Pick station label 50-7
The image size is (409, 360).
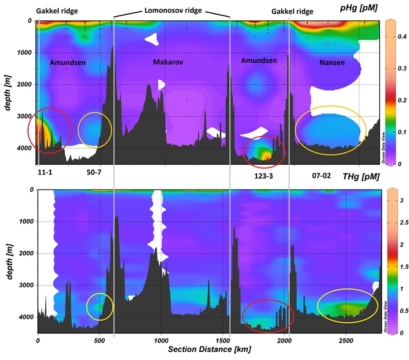[x=94, y=173]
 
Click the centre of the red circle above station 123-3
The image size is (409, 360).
[x=264, y=152]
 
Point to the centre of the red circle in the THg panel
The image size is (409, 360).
[x=265, y=316]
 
